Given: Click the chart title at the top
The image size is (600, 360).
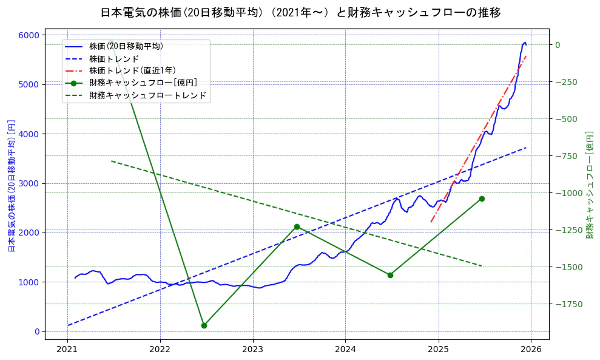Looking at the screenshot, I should pos(300,12).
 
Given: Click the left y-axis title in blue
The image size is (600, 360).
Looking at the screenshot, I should pos(11,186).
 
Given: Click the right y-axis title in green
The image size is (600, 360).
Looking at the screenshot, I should pos(589,185).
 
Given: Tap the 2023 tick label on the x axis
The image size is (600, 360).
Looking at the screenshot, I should pos(252,350).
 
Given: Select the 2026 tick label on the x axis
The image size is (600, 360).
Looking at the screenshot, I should pos(531,350).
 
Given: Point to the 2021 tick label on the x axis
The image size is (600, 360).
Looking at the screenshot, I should pos(67,350).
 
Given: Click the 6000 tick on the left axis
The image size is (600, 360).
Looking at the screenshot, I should pos(29,35).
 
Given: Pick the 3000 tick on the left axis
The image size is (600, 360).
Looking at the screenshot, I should pos(29,183).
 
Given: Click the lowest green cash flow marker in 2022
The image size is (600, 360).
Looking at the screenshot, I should pos(204,325).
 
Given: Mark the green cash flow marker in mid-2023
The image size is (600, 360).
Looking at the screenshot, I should pos(297,226).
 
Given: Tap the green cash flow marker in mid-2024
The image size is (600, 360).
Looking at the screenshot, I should pos(390,275).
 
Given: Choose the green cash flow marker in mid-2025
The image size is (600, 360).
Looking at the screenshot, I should pos(482,199).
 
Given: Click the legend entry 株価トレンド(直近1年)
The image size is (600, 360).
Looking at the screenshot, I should pos(132,70).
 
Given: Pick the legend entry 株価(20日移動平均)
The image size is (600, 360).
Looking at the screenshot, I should pos(126,46).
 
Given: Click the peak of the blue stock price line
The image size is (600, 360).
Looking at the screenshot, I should pos(525,42).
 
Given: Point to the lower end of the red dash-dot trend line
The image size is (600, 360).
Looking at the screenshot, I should pos(431,222).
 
